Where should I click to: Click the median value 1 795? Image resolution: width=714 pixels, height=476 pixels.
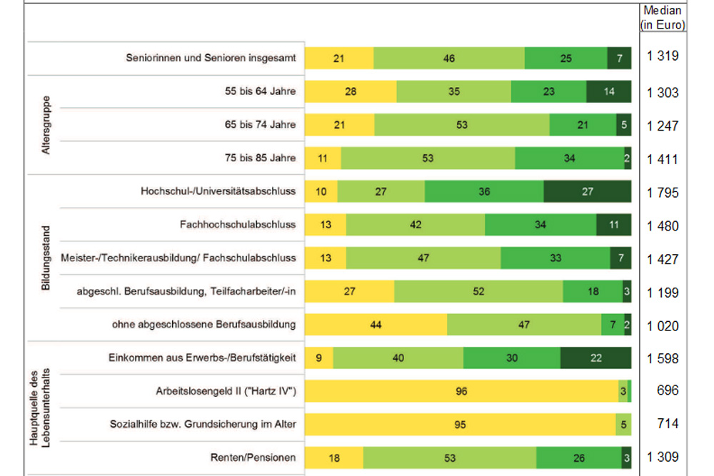[663, 193]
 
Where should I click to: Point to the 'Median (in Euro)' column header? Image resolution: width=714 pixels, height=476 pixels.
[663, 18]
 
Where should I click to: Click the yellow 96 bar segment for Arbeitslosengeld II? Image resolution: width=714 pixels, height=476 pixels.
[461, 391]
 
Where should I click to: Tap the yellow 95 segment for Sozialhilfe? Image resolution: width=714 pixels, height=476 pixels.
[460, 425]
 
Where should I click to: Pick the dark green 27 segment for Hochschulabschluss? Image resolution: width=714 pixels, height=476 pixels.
[587, 191]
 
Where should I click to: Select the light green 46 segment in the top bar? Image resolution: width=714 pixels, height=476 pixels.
[448, 59]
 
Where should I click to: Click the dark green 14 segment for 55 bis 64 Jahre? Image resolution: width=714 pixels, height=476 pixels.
[608, 92]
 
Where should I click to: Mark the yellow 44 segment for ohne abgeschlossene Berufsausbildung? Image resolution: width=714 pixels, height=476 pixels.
[376, 325]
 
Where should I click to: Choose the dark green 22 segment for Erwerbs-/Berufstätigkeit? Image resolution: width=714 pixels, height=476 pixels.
[595, 358]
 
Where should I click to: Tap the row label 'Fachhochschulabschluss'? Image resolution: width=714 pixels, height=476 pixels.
[238, 225]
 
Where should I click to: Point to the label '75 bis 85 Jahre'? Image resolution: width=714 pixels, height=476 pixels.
[260, 158]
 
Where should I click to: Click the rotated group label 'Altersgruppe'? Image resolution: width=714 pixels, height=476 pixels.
[45, 125]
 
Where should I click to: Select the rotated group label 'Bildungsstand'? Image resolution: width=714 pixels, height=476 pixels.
[45, 258]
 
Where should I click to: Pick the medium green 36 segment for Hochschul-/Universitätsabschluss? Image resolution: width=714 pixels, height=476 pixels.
[484, 191]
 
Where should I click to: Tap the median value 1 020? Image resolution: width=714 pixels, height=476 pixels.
[663, 326]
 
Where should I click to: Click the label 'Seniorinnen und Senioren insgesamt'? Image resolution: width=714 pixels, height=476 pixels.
[210, 59]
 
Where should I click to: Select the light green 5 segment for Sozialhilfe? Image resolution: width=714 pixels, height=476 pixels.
[623, 425]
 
